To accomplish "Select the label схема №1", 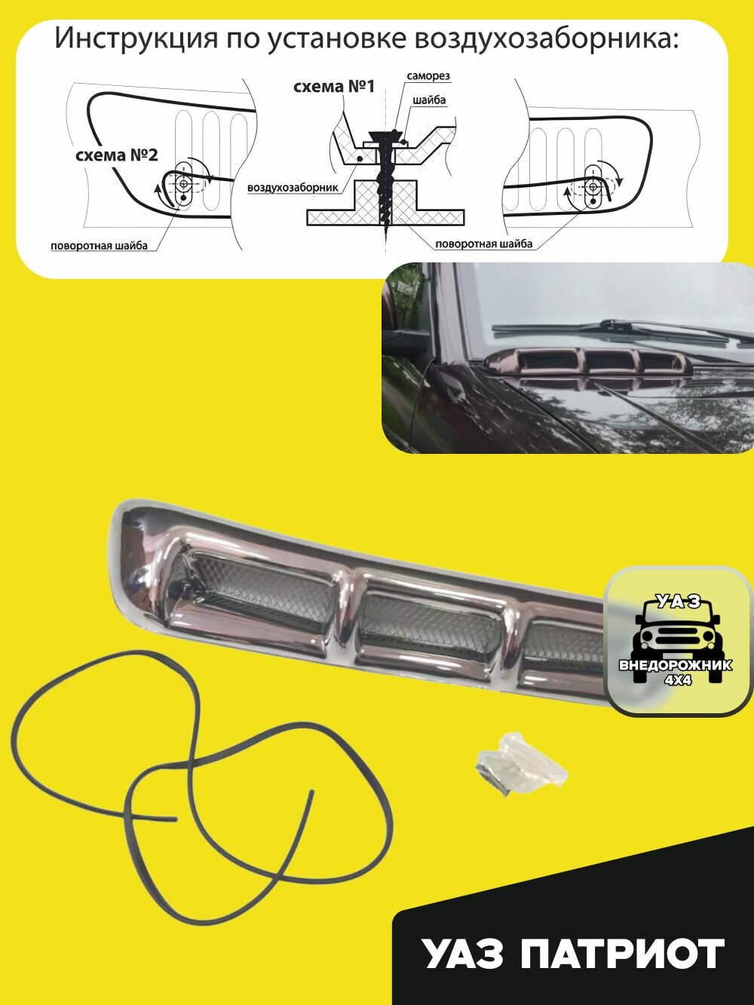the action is click(333, 86).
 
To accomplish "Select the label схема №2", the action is click(117, 155).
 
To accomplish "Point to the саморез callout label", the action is click(428, 77).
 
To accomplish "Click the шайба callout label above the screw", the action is click(429, 100).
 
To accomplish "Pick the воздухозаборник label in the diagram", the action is click(293, 188).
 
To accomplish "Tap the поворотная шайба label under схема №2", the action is click(99, 246).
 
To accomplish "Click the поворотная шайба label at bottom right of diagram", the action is click(483, 244).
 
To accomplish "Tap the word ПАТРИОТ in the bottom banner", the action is click(622, 954).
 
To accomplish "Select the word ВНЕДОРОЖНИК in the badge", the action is click(676, 666).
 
